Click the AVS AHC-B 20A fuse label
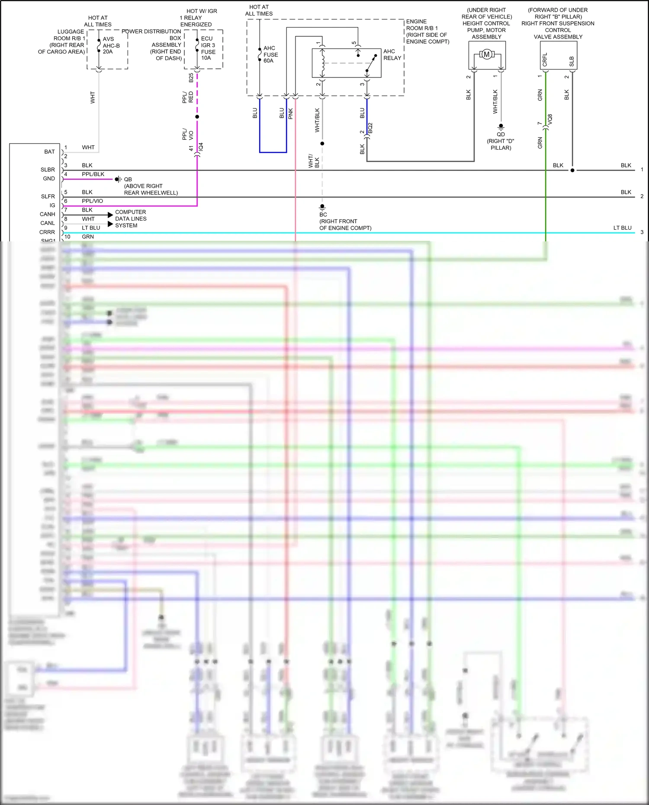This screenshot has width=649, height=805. [x=111, y=45]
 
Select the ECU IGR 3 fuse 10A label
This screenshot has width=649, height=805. [x=208, y=48]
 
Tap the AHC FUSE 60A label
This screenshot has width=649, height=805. [x=270, y=55]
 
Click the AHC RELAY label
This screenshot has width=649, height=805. [x=392, y=55]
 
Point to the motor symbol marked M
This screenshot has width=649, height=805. [x=487, y=55]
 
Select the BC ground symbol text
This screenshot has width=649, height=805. [x=323, y=215]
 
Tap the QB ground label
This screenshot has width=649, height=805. [x=128, y=179]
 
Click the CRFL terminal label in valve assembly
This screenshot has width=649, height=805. [x=545, y=59]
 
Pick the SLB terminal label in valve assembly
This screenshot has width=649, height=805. [x=572, y=61]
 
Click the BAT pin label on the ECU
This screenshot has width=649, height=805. [x=49, y=152]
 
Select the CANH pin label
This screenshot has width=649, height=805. [x=47, y=214]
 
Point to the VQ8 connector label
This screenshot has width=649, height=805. [x=550, y=119]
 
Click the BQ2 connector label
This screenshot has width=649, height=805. [x=370, y=128]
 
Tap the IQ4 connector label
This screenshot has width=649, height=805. [x=201, y=147]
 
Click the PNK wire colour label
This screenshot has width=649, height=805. [x=291, y=113]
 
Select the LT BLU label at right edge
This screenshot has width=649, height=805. [x=622, y=228]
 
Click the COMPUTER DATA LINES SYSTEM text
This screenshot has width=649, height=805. [x=131, y=219]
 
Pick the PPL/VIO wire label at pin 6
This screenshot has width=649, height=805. [x=92, y=201]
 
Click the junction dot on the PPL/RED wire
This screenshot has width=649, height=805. [x=197, y=117]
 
